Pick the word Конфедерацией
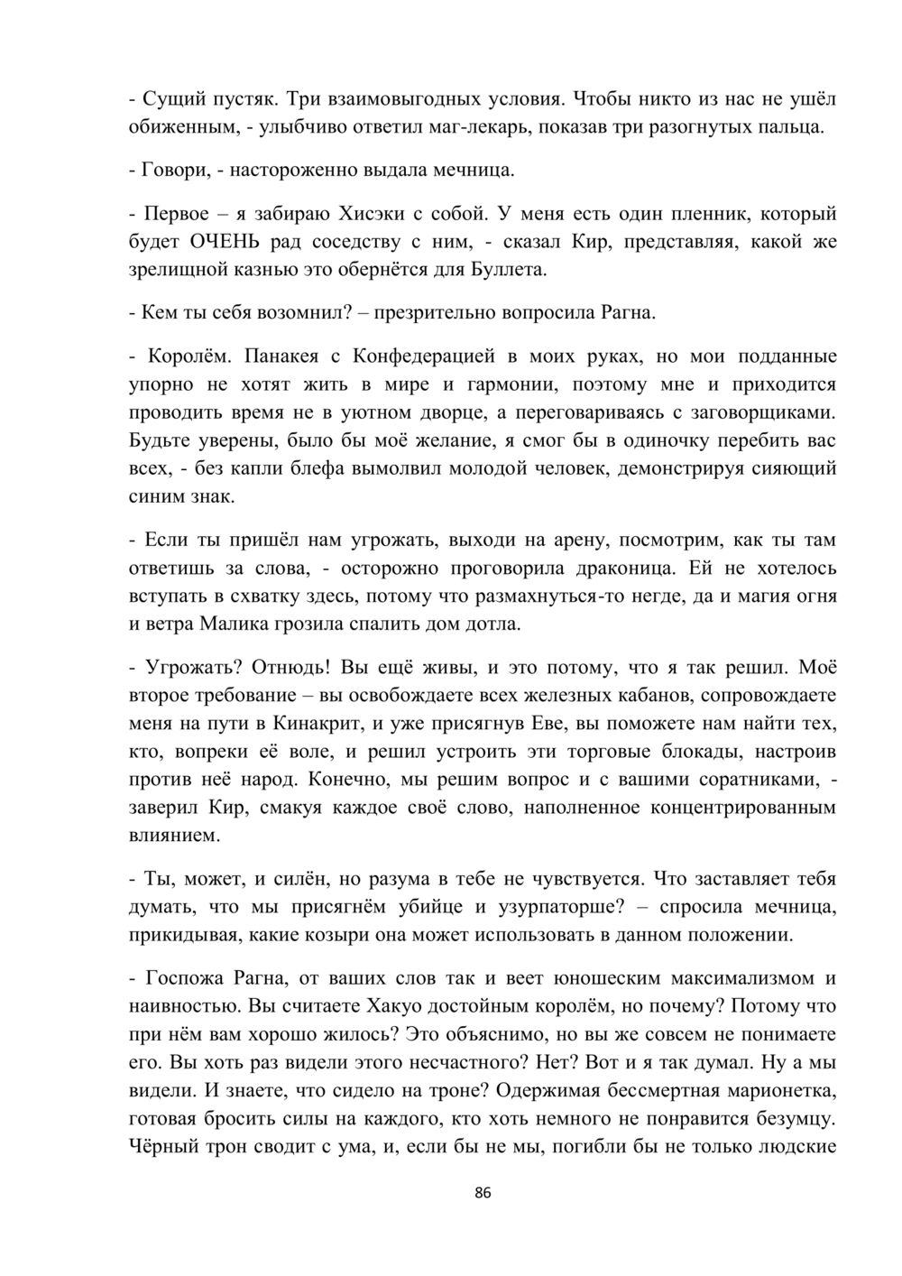tap(433, 356)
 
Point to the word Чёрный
tap(163, 1146)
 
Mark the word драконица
tap(615, 569)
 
